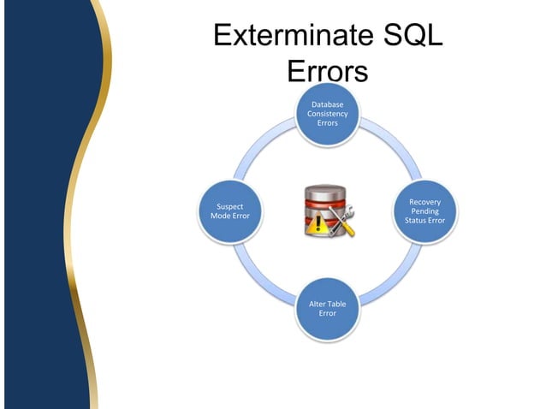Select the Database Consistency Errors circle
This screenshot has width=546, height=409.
tap(327, 114)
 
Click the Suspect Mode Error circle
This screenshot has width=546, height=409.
tap(229, 211)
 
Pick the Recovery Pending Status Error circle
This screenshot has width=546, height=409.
tap(424, 211)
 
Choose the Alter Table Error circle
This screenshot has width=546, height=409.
tap(327, 309)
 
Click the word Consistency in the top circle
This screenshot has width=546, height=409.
tap(327, 114)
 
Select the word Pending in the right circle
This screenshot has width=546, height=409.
tap(425, 211)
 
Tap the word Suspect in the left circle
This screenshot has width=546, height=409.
tap(229, 206)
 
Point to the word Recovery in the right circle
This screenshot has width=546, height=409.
tap(425, 202)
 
